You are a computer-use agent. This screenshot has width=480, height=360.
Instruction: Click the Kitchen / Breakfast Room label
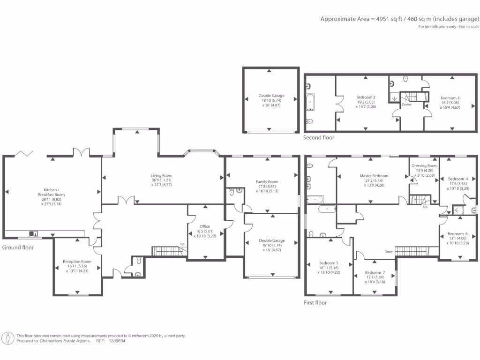coord(52,192)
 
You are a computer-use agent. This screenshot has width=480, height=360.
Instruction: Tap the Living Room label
coord(161,175)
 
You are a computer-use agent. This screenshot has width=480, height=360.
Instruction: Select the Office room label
coord(205,226)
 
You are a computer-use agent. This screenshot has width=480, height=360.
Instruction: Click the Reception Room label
coord(77,262)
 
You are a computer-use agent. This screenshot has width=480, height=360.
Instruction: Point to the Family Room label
coord(267,181)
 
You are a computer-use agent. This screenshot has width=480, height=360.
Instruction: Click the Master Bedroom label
coord(374,176)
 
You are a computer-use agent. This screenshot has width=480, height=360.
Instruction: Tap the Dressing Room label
coord(425,165)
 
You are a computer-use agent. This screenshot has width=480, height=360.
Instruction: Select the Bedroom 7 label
coord(375,272)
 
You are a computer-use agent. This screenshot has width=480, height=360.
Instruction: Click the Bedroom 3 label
coord(450,98)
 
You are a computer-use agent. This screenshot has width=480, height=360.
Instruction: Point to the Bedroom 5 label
coord(329,263)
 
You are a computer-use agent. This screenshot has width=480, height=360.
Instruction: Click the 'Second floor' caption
coord(319,137)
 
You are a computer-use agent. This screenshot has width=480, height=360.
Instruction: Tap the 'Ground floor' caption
coord(18,247)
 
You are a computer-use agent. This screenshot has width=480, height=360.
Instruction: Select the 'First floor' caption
coord(315,302)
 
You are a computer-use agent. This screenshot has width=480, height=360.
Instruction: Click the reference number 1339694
coord(117,341)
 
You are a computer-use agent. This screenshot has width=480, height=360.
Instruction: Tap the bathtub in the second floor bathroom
coord(310,102)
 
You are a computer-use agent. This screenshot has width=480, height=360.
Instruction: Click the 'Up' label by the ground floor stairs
coord(182,244)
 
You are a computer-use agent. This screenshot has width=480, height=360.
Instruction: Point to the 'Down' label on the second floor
coord(406,105)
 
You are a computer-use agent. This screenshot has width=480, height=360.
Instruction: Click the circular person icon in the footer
coord(8,338)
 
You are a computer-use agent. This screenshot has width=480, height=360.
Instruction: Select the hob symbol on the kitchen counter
coord(33,234)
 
